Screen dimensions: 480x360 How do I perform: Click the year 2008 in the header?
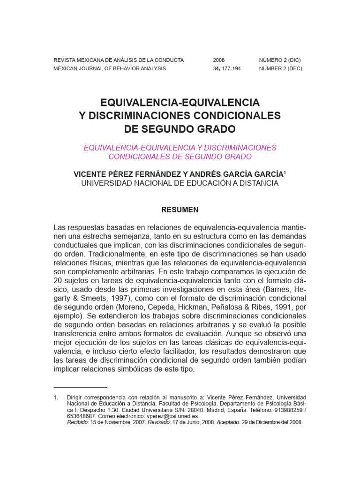coord(219,60)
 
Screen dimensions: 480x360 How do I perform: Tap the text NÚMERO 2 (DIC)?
coord(280,60)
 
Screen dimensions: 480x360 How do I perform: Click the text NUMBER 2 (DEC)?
coord(281,68)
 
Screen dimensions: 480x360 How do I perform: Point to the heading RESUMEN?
coord(180,210)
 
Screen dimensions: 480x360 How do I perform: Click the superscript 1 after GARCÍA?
coord(285,172)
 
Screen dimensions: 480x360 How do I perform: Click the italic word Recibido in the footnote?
coord(79,422)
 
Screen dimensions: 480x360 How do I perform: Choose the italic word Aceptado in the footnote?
coord(227,422)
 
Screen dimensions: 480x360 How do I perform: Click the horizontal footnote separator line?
coord(81,388)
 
